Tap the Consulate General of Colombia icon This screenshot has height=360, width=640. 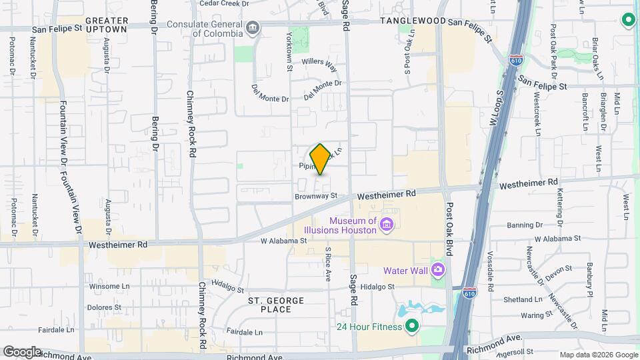tap(252, 28)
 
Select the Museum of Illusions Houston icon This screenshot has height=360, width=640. tap(386, 227)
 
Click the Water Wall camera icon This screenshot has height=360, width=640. tap(438, 270)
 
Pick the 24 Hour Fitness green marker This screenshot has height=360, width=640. tap(411, 326)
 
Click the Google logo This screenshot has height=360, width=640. tap(21, 351)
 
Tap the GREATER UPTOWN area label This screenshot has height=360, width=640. tap(107, 25)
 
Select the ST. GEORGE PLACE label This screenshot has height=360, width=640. tap(276, 305)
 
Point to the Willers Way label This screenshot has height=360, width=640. tap(319, 64)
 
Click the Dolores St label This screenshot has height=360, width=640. tap(103, 308)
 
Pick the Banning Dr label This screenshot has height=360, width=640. tap(525, 225)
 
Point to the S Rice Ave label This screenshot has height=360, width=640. tap(328, 265)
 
